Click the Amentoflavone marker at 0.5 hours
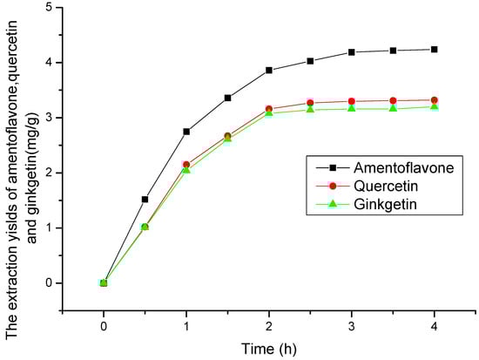(x=145, y=200)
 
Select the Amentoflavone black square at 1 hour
(x=186, y=132)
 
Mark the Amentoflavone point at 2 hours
(x=269, y=70)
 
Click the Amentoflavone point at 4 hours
(x=435, y=50)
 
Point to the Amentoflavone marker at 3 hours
(x=352, y=52)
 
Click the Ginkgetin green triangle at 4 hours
(x=435, y=106)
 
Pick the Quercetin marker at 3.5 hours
(x=393, y=101)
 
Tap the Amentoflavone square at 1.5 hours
(x=227, y=98)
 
